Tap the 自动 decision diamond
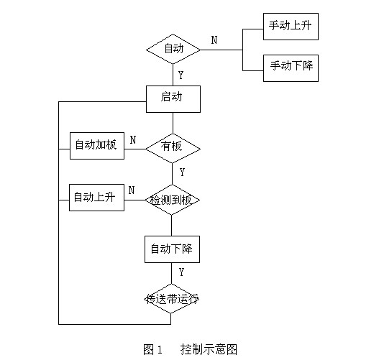(x=173, y=49)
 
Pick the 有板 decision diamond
(x=173, y=147)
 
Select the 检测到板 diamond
(x=173, y=200)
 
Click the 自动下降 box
(x=173, y=249)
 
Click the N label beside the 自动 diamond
(x=214, y=40)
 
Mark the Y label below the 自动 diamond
(x=181, y=74)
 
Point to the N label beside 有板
(x=133, y=139)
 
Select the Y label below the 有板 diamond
(x=182, y=172)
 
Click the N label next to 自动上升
(x=132, y=190)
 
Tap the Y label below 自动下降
(x=181, y=272)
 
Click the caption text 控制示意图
(x=209, y=349)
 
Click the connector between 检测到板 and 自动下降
(x=173, y=225)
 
